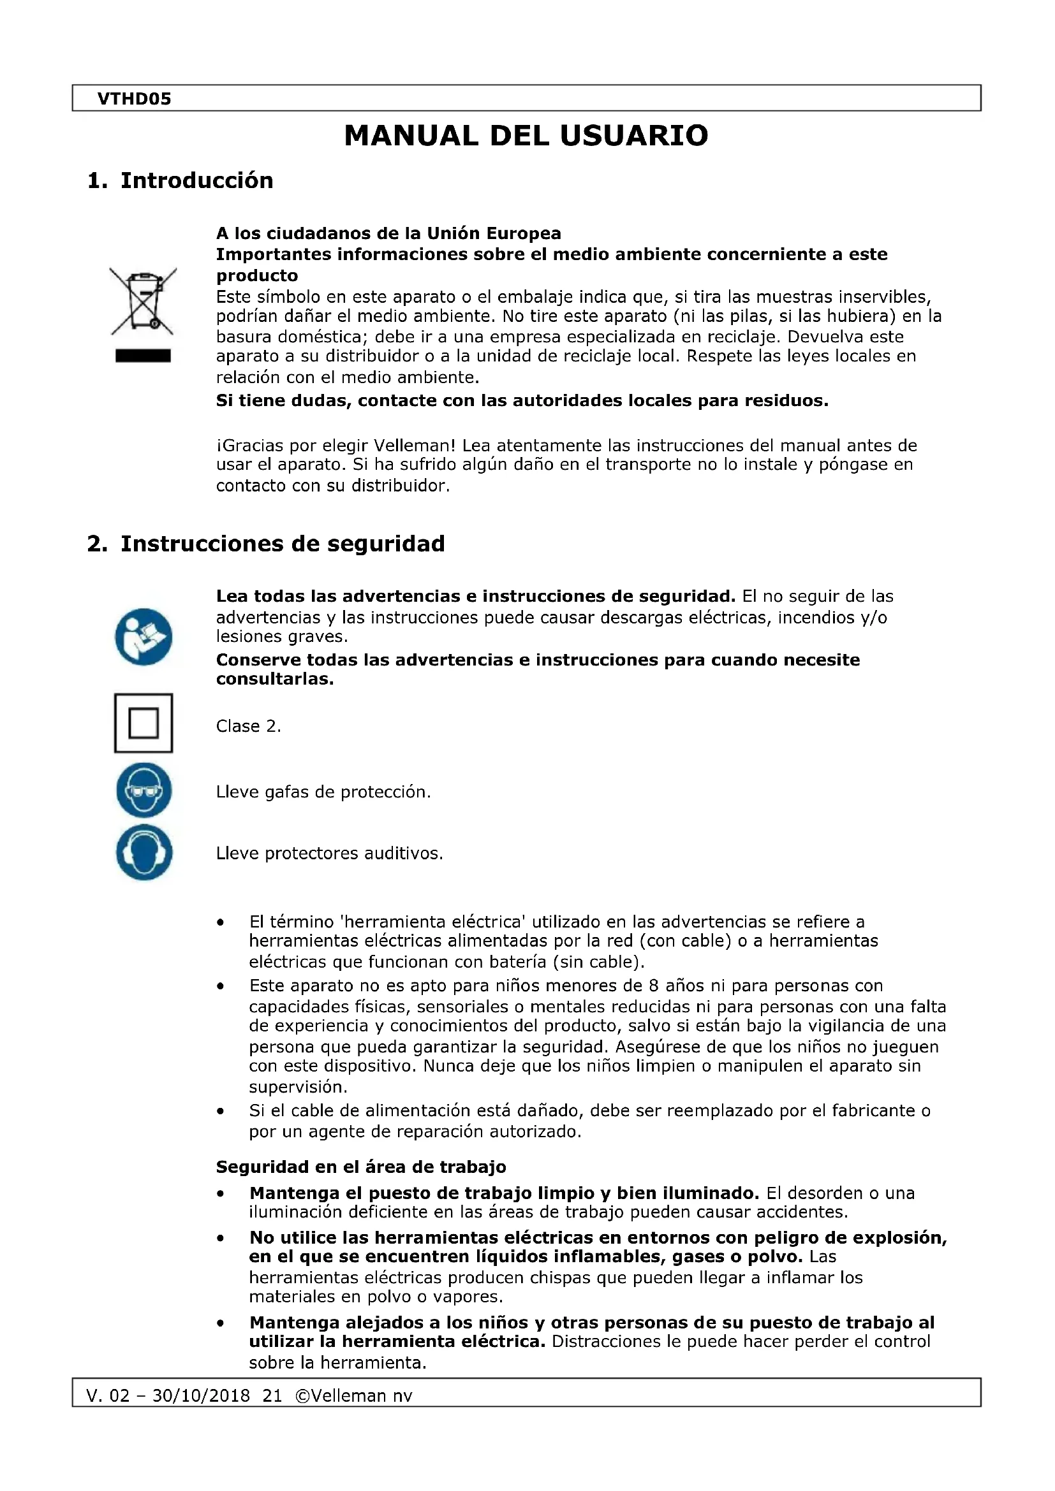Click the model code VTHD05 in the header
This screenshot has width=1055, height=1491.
coord(134,99)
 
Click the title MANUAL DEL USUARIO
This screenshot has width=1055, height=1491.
coord(526,136)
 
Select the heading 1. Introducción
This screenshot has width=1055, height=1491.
coord(180,180)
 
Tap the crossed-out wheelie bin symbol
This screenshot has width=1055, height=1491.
coord(143,302)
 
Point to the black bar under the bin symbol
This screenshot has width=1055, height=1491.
coord(143,356)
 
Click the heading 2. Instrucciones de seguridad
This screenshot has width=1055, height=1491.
coord(266,544)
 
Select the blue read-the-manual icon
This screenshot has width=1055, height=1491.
coord(144,636)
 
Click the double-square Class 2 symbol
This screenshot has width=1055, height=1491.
coord(144,723)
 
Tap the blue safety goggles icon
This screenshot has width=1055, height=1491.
coord(144,790)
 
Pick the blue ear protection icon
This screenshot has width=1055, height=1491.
coord(144,852)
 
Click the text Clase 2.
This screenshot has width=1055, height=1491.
coord(248,726)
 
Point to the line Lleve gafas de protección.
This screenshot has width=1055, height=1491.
coord(323,792)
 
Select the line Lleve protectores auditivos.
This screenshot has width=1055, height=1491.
coord(329,854)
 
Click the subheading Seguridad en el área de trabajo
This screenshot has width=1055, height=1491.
coord(360,1167)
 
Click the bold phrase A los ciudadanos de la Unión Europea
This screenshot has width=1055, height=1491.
coord(388,233)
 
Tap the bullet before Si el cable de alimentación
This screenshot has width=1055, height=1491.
coord(221,1112)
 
